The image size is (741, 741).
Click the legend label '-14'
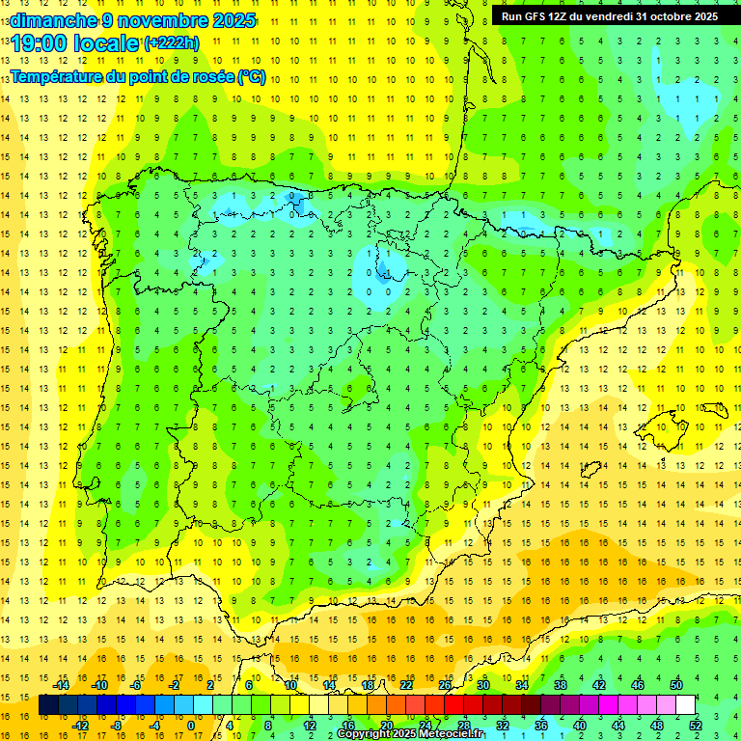coord(60,685)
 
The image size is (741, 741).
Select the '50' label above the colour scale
coord(675,685)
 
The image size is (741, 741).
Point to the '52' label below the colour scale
coord(695,726)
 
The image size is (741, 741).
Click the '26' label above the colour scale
coord(445,685)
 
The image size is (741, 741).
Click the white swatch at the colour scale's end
coord(685,705)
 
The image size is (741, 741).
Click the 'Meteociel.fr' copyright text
coord(448,734)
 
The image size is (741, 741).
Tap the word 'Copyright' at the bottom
coord(365,734)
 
